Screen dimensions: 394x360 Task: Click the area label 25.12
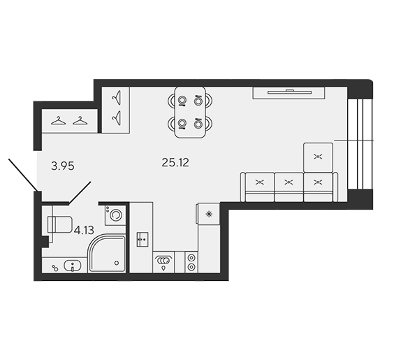click(x=175, y=163)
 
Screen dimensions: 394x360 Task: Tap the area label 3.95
click(x=63, y=166)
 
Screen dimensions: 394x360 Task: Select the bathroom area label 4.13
click(x=84, y=230)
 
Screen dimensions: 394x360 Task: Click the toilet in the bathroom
click(x=60, y=224)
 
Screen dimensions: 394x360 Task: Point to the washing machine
click(x=115, y=215)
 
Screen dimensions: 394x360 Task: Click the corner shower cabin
click(x=107, y=254)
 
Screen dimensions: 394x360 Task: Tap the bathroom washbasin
click(x=73, y=266)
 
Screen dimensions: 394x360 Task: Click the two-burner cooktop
click(x=191, y=262)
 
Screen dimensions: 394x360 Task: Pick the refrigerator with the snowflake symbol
click(x=208, y=214)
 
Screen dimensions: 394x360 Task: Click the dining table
click(x=190, y=112)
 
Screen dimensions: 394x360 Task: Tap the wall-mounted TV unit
click(x=289, y=93)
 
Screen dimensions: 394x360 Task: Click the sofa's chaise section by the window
click(x=318, y=157)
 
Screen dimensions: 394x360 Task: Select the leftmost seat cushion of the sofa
click(x=260, y=187)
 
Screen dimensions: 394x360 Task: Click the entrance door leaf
click(x=23, y=175)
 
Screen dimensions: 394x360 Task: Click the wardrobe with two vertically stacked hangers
click(x=115, y=110)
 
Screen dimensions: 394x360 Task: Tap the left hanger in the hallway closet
click(x=58, y=120)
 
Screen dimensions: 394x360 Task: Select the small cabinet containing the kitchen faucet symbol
click(x=143, y=240)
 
